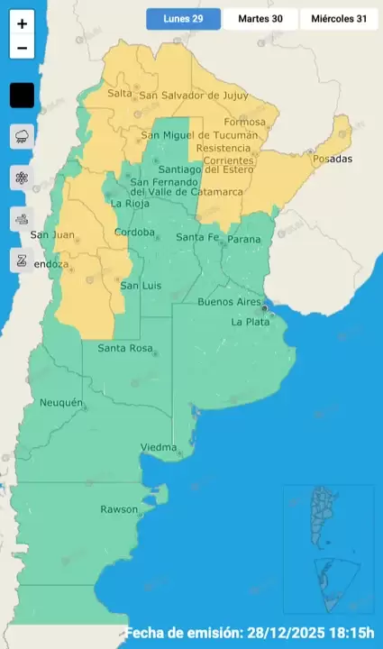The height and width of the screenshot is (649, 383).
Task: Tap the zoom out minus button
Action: [x=22, y=49]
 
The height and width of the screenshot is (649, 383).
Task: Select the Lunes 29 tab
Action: [x=183, y=19]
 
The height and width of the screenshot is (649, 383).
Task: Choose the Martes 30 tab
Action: [x=260, y=19]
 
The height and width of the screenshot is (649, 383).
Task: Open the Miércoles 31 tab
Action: [x=340, y=19]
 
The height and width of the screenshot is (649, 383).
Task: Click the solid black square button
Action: [x=22, y=95]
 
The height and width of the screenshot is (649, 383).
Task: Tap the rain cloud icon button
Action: [x=22, y=137]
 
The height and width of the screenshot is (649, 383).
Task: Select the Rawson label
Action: [x=119, y=509]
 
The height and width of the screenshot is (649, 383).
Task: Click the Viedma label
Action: [x=159, y=448]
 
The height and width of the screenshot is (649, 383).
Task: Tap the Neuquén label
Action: [x=61, y=402]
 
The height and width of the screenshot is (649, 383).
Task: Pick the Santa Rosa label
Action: [x=123, y=349]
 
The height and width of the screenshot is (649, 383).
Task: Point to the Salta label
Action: [x=119, y=94]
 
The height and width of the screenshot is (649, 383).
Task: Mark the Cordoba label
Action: [x=134, y=233]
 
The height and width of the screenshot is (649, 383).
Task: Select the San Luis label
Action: [x=140, y=286]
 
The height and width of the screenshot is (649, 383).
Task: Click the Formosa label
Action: [x=246, y=122]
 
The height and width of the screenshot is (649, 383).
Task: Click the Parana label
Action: [x=243, y=239]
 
